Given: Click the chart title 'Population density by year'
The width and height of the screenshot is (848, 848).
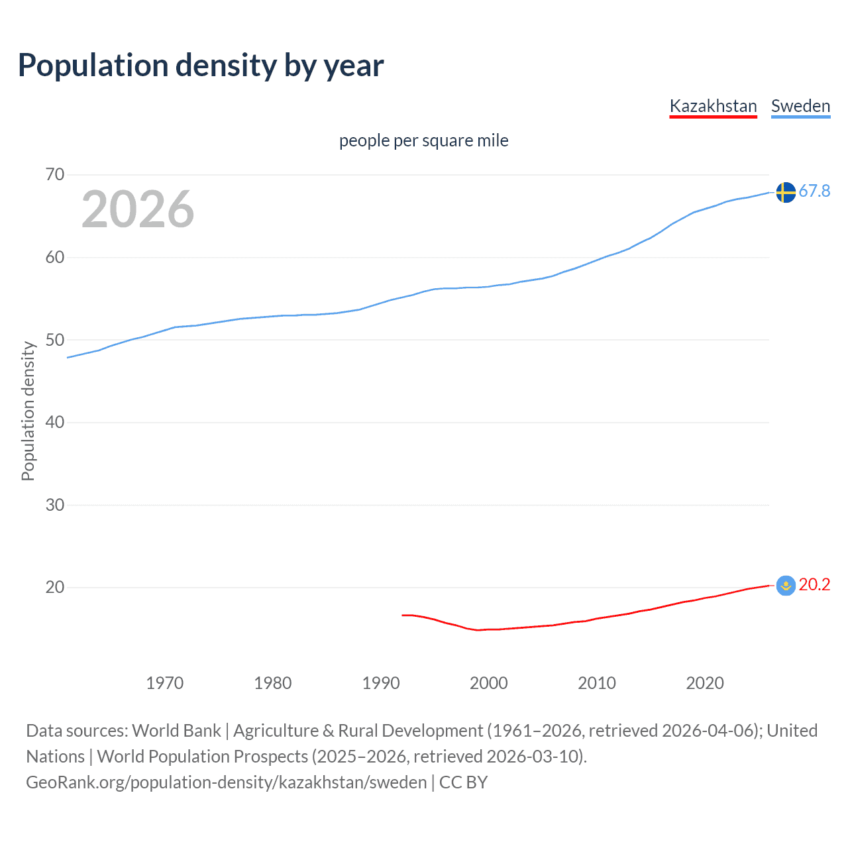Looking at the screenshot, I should coord(201,66).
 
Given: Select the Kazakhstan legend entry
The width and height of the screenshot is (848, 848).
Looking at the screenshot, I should coord(713,106).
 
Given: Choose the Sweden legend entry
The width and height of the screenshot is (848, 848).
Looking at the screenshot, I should coord(800,106).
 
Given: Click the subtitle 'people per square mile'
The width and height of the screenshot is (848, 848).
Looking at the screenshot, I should coord(423,140).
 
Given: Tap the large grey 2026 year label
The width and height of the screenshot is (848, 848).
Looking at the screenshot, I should coord(138,209).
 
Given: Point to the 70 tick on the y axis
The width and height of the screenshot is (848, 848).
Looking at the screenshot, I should coord(55,175).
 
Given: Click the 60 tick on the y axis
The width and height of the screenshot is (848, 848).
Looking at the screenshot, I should coord(55,258).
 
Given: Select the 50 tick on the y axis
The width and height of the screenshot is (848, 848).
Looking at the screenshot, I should coord(55,340).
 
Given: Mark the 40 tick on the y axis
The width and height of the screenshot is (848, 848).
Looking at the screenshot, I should coord(55,423).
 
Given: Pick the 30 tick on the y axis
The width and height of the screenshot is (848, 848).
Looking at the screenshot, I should coord(55,505).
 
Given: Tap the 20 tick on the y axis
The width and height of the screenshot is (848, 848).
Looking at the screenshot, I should coord(55,588).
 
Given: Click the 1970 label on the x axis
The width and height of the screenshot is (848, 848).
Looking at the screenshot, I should coord(164,683).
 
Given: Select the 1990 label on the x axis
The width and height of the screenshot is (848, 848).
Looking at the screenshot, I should coord(381,683).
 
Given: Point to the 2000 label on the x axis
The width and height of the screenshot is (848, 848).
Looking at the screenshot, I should coord(489,683).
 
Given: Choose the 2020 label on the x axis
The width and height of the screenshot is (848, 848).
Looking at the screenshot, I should coord(705,683).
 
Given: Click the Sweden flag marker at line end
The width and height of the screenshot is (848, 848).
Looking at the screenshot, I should coord(786,192).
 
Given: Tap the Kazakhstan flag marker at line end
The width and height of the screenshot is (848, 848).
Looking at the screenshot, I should coord(786,586).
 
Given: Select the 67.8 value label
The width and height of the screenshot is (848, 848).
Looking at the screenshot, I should coord(814,191).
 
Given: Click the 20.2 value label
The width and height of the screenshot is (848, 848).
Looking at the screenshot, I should coord(814,585).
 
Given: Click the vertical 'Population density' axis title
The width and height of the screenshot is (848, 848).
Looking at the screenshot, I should coord(28,411).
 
